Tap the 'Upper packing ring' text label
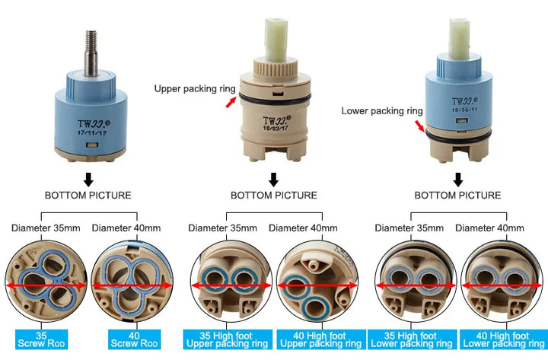(195, 88)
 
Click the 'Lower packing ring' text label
(381, 110)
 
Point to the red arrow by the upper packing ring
(231, 102)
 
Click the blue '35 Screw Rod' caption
(42, 339)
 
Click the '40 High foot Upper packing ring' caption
(317, 339)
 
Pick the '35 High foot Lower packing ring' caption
(412, 339)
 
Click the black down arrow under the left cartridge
(88, 179)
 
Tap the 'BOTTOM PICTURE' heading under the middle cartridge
(273, 196)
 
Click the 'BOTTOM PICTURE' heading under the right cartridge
(457, 196)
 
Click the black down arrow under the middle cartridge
(273, 179)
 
